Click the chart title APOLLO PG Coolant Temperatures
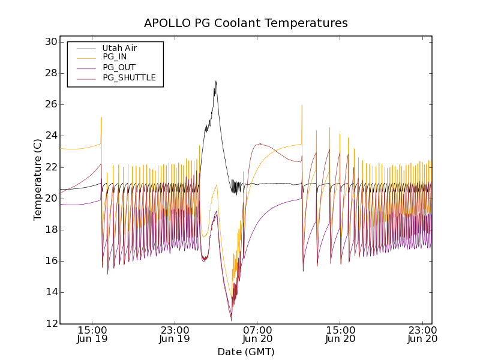tap(245, 23)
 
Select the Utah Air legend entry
tap(119, 48)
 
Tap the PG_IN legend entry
tap(115, 57)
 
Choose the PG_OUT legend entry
tap(119, 67)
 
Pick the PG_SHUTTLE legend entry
tap(129, 77)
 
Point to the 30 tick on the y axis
tap(50, 42)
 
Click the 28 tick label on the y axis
tap(50, 73)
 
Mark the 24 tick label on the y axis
tap(50, 136)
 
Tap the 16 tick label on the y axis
tap(50, 261)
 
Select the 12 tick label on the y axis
tap(50, 323)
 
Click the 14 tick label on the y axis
tap(50, 292)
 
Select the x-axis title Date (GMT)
tap(245, 352)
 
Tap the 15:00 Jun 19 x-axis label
tap(92, 334)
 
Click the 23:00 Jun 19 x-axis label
tap(175, 334)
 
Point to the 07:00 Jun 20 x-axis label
tap(258, 334)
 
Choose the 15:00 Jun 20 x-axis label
tap(340, 334)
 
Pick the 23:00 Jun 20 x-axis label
tap(423, 334)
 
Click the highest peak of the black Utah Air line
tap(216, 81)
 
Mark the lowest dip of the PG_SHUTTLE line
tap(231, 320)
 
